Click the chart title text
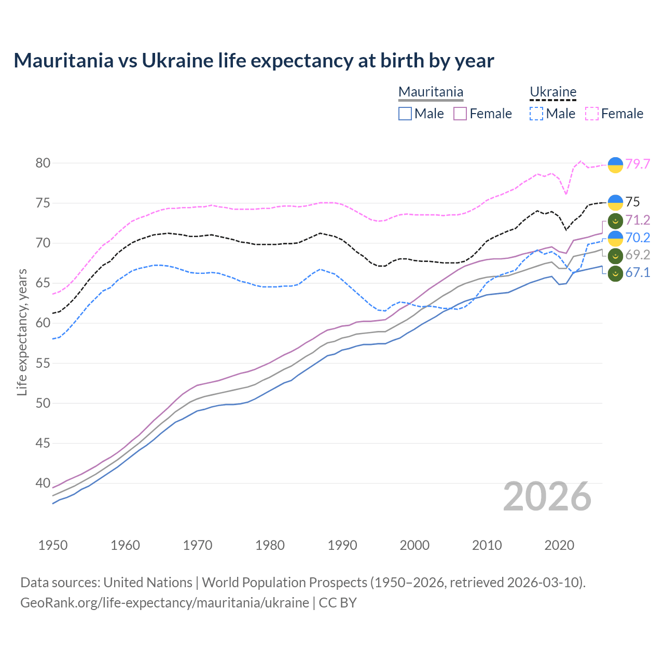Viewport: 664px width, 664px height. coord(254,61)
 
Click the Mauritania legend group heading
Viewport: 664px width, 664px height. coord(431,92)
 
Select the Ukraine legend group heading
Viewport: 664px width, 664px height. coord(553,92)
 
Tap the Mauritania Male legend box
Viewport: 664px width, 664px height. coord(405,114)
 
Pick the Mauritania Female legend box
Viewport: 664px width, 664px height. coord(460,114)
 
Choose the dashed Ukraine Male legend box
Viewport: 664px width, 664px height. coord(536,114)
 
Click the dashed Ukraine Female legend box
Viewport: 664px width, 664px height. coord(592,114)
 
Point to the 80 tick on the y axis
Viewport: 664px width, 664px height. coord(43,163)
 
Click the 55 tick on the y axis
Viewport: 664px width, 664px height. coord(43,363)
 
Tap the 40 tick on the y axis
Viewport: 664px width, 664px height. coord(43,483)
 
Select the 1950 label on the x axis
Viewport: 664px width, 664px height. coord(53,545)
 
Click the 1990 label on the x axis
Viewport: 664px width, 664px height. coord(342,545)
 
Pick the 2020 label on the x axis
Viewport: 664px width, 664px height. coord(559,545)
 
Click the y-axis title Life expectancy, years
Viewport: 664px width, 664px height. coord(22,332)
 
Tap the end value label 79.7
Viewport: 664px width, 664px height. coord(638,164)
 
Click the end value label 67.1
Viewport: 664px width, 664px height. coord(638,273)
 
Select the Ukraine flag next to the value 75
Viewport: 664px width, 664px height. coord(615,202)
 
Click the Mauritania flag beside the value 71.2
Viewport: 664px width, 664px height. coord(615,220)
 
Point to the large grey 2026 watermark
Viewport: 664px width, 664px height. coord(547,497)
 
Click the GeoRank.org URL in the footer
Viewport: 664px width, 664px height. coord(164,603)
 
